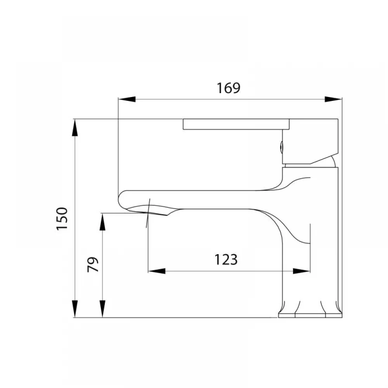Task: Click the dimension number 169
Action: click(x=229, y=88)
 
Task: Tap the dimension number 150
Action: click(x=62, y=219)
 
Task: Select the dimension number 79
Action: click(x=93, y=265)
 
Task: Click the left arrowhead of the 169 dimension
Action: click(x=127, y=99)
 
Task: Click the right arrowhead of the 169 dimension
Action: click(x=333, y=99)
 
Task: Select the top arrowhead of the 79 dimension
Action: click(x=102, y=222)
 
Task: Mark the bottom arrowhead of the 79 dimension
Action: click(x=102, y=309)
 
